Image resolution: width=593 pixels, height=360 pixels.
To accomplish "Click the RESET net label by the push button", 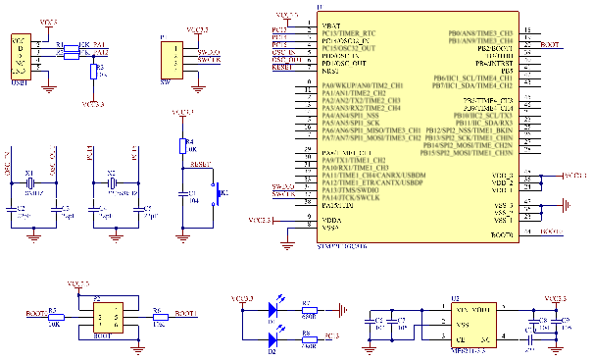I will [x=200, y=165].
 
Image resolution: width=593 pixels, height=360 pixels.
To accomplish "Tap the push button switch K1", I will [x=218, y=193].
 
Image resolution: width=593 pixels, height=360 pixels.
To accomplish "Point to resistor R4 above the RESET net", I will [x=180, y=146].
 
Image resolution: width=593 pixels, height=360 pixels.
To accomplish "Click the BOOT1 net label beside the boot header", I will [x=184, y=313].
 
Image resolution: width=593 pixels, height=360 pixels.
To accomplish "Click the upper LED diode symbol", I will [x=275, y=310].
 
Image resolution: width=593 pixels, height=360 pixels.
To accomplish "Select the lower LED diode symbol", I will [x=275, y=340].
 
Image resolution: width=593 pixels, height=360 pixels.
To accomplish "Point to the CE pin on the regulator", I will [x=460, y=340].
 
